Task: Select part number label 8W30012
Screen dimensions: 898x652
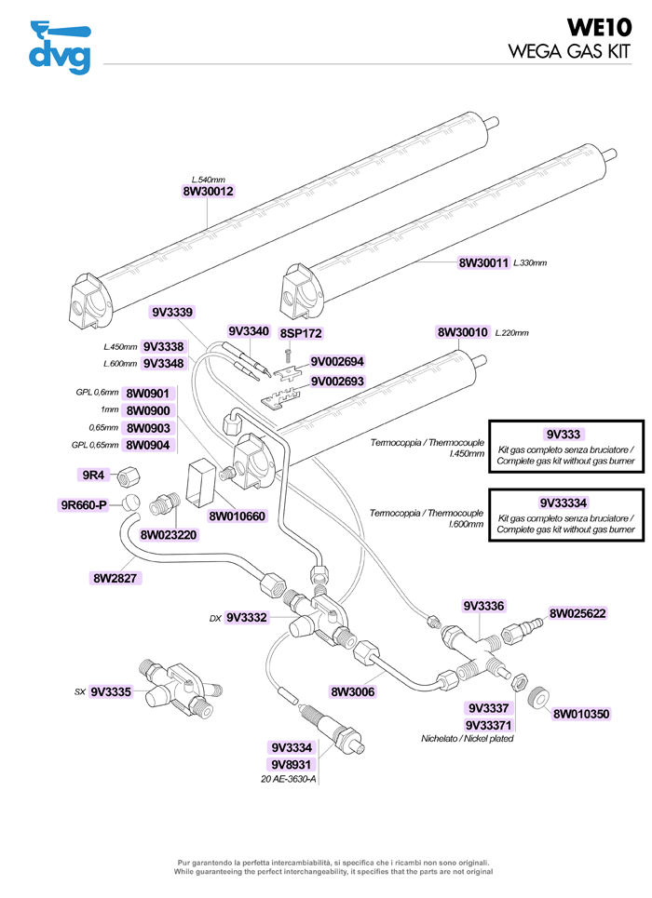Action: click(x=208, y=192)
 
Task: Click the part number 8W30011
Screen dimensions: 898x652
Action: click(x=484, y=263)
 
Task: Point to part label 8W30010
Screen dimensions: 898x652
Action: click(x=463, y=332)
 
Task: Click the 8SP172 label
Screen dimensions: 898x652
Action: click(x=301, y=332)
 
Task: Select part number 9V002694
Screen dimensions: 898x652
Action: click(x=337, y=362)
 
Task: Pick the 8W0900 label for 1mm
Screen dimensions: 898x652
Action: click(x=148, y=410)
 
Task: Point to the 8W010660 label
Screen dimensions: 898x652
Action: click(x=238, y=516)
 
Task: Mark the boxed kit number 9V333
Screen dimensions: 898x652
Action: click(x=564, y=434)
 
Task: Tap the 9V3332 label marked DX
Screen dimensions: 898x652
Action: click(x=247, y=617)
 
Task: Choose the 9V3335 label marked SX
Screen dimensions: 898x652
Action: click(x=111, y=691)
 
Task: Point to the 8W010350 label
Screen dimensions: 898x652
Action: click(x=581, y=714)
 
